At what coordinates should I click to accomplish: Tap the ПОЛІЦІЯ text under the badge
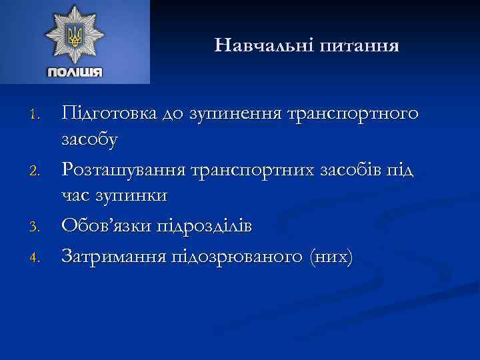[75, 72]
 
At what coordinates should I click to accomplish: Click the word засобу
[89, 141]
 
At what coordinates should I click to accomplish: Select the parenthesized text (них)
[325, 255]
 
